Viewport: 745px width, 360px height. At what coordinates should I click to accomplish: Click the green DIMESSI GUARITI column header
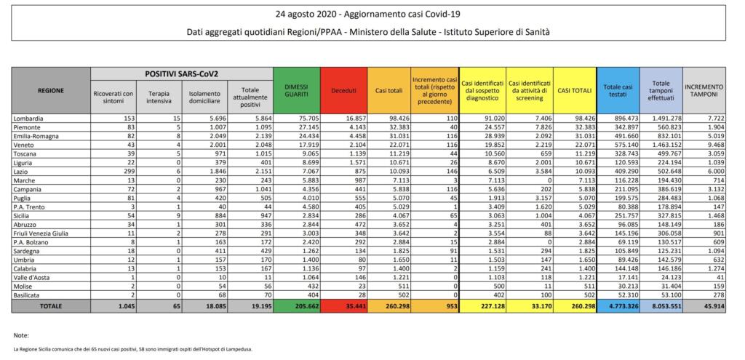[x=296, y=90]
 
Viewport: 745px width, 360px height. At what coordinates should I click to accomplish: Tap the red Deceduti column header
[x=343, y=90]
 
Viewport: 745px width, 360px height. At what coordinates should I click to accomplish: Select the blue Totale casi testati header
[x=617, y=90]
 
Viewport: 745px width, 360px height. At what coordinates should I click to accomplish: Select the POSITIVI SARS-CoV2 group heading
[x=181, y=75]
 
